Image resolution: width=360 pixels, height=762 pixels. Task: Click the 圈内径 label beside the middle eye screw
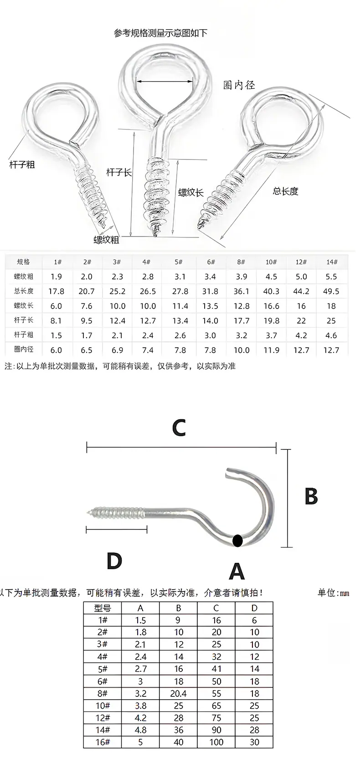(239, 85)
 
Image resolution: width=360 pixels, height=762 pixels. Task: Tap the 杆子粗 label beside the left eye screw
(22, 165)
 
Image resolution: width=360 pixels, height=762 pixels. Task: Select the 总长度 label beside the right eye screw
(285, 191)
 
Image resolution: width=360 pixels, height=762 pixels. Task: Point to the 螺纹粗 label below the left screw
(106, 240)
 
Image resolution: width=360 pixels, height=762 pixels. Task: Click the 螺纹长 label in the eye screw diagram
(191, 192)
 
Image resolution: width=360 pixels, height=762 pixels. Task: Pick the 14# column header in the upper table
(332, 262)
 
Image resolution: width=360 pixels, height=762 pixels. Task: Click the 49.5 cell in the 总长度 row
(331, 292)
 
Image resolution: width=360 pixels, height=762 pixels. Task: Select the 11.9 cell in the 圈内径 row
(271, 350)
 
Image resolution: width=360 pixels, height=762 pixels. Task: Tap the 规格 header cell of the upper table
(24, 262)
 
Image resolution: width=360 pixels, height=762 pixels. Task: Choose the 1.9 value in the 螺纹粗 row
(56, 277)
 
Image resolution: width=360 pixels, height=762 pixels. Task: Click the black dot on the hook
(237, 540)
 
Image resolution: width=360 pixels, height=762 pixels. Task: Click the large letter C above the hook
(179, 427)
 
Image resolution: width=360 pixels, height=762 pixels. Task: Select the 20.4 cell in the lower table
(178, 694)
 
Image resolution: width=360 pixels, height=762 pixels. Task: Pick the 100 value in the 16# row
(216, 742)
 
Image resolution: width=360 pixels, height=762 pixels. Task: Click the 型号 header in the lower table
(103, 608)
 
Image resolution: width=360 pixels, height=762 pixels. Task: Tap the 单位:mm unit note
(334, 592)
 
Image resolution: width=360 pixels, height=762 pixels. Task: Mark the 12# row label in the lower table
(103, 718)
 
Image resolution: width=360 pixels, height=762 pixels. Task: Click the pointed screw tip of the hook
(86, 511)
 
